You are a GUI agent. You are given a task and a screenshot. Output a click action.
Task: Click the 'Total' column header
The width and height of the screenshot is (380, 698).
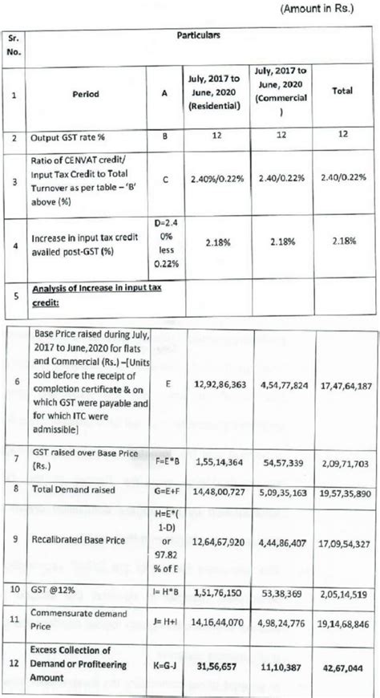[342, 91]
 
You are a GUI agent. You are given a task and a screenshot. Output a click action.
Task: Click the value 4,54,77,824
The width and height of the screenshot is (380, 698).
[285, 385]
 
